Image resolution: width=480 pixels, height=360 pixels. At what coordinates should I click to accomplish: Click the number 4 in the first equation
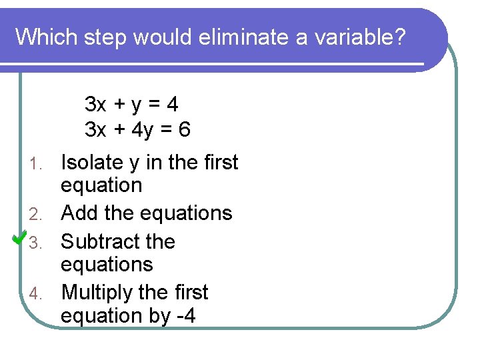coord(173,105)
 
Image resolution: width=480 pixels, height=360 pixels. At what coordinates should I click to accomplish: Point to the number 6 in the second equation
coord(184,129)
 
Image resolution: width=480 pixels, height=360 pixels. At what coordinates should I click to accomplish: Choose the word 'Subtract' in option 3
coord(98,241)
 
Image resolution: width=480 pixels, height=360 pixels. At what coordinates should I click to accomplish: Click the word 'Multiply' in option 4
coord(100,293)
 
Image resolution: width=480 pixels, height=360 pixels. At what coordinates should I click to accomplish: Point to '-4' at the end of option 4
coord(186,315)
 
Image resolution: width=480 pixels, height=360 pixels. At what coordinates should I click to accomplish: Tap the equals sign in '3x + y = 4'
coord(154,105)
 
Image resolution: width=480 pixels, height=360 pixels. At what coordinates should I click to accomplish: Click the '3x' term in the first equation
coord(95,105)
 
